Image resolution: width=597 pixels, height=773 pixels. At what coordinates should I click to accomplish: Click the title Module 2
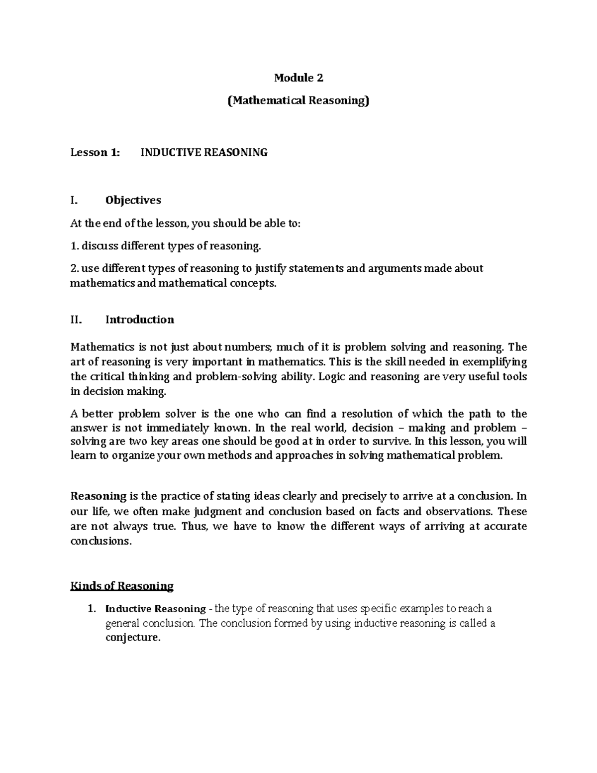(x=298, y=78)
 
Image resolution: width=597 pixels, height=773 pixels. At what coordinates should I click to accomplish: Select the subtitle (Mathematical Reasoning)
(x=298, y=101)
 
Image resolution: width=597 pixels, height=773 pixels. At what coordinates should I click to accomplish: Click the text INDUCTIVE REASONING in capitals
(x=204, y=153)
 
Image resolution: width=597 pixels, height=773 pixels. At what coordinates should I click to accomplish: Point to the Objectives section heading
(x=133, y=200)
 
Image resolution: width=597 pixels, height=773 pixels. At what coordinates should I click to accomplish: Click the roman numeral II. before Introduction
(x=75, y=320)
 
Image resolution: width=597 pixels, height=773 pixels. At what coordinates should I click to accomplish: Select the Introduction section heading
(x=140, y=320)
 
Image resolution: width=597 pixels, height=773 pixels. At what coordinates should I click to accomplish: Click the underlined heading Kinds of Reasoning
(x=122, y=586)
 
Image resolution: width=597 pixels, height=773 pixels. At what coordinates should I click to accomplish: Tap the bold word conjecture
(x=133, y=638)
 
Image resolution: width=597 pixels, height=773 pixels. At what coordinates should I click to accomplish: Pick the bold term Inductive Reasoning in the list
(x=156, y=609)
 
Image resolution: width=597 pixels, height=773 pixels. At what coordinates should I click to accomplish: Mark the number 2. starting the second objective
(x=75, y=269)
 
